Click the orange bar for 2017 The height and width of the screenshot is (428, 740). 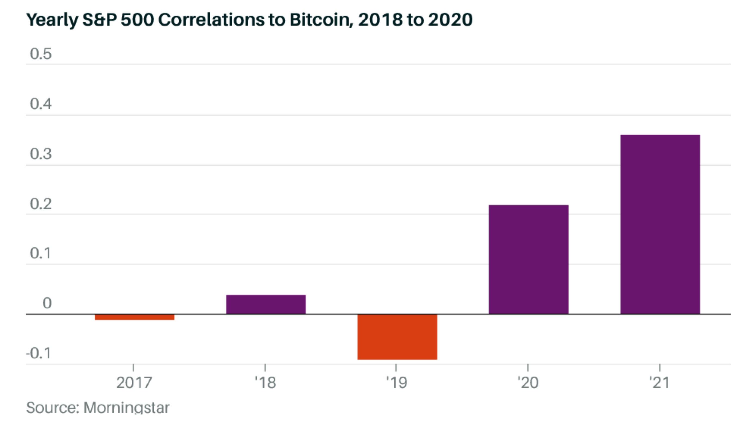coord(134,317)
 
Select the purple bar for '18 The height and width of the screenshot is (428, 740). coord(266,305)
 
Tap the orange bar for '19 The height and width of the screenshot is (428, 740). coord(397,337)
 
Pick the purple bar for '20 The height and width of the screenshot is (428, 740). coord(529,259)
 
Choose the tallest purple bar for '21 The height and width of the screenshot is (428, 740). coord(660,224)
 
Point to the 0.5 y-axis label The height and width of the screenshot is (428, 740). coord(41,54)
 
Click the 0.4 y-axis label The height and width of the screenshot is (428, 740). coord(41,104)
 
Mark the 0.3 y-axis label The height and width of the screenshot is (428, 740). coord(41,154)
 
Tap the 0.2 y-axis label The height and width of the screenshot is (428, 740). coord(41,204)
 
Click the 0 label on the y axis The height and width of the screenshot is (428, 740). coord(47,303)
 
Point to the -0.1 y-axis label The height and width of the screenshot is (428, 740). coord(38,353)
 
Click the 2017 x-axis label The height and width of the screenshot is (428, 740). coord(134,383)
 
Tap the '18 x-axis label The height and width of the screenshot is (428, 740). coord(265,383)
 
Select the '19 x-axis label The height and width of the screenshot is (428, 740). coord(396,383)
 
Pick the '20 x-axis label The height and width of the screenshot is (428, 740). coord(528,383)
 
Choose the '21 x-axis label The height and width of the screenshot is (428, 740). coord(659,383)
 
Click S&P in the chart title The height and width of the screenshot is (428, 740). coord(100,20)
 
